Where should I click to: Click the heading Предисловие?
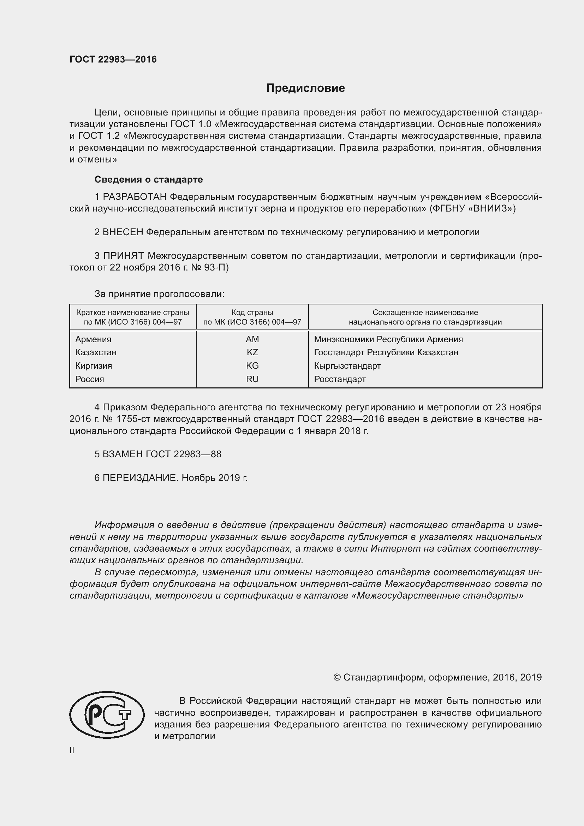coord(305,88)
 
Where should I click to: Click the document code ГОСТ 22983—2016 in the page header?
coord(113,59)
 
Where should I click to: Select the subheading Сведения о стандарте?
coord(149,179)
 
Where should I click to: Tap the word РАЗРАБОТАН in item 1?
coord(135,197)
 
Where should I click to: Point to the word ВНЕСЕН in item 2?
coord(123,232)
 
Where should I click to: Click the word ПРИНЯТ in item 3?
coord(123,256)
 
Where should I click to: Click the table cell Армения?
coord(93,339)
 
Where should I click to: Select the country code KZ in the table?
coord(252,352)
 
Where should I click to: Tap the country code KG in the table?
coord(252,366)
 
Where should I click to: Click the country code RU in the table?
coord(252,379)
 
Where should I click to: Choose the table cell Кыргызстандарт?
coord(347,366)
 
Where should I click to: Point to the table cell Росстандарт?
coord(339,379)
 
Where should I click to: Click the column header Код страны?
coord(252,313)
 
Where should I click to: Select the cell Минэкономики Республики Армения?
coord(388,339)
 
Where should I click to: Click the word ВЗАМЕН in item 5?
coord(122,454)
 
